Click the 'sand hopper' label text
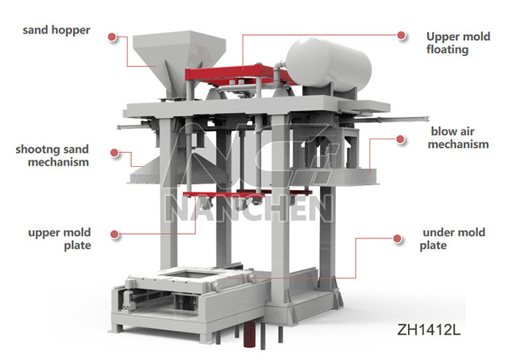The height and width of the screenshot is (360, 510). tap(56, 31)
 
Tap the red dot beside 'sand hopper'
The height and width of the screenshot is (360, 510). tap(112, 36)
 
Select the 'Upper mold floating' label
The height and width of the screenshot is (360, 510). tap(458, 43)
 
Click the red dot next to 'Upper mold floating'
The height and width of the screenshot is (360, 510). tap(401, 35)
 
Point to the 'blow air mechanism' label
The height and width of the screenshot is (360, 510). tap(458, 138)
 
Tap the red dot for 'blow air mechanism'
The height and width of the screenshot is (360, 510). tap(400, 139)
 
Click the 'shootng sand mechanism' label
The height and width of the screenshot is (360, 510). tap(52, 155)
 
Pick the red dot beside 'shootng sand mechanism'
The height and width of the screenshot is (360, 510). tap(114, 152)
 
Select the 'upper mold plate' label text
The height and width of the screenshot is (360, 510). tap(60, 239)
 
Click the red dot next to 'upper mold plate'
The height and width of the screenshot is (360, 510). tap(114, 234)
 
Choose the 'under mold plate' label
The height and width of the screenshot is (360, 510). tap(452, 239)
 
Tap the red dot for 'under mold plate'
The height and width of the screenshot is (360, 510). tap(397, 239)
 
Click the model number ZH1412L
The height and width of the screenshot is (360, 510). tap(428, 329)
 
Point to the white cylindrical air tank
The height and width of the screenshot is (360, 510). tap(329, 63)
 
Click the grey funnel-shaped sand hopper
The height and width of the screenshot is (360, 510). tap(178, 62)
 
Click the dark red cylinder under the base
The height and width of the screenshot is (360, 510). tap(250, 334)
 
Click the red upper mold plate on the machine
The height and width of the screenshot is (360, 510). tap(247, 194)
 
